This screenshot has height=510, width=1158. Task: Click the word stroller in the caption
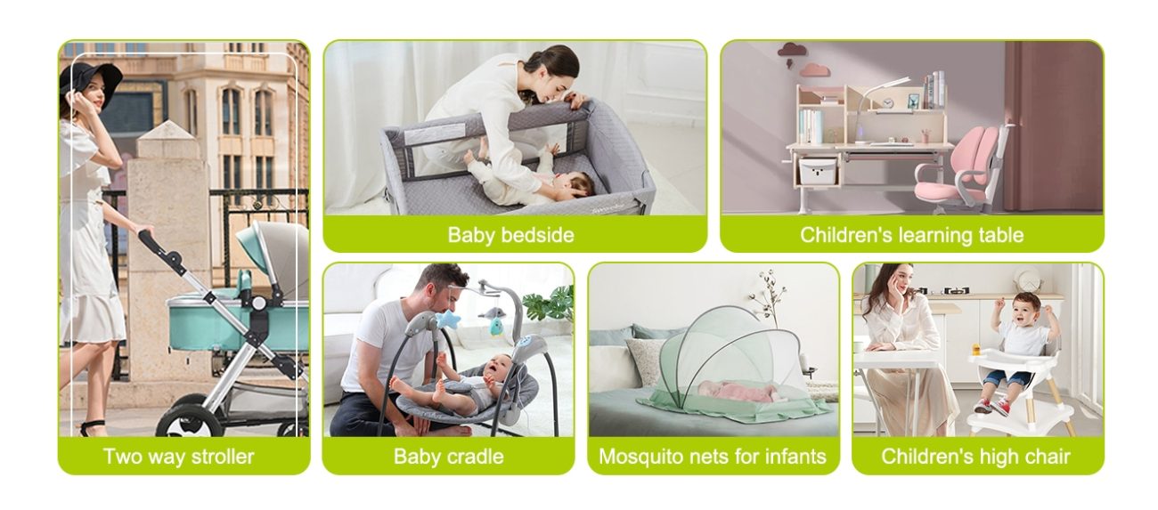[x=223, y=457]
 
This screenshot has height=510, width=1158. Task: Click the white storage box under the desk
[x=818, y=172]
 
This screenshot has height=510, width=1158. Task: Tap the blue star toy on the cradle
[x=448, y=319]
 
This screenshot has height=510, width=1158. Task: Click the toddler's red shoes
[x=993, y=406]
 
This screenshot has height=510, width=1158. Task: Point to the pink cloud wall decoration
[x=816, y=70]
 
